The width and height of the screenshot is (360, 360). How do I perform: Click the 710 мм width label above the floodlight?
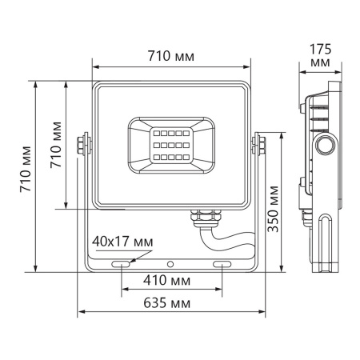pyautogui.click(x=173, y=57)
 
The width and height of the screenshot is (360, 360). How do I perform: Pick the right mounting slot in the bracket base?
pyautogui.click(x=222, y=263)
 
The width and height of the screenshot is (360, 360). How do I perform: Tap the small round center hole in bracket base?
pyautogui.click(x=170, y=263)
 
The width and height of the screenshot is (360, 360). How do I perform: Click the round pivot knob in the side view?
pyautogui.click(x=326, y=145)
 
